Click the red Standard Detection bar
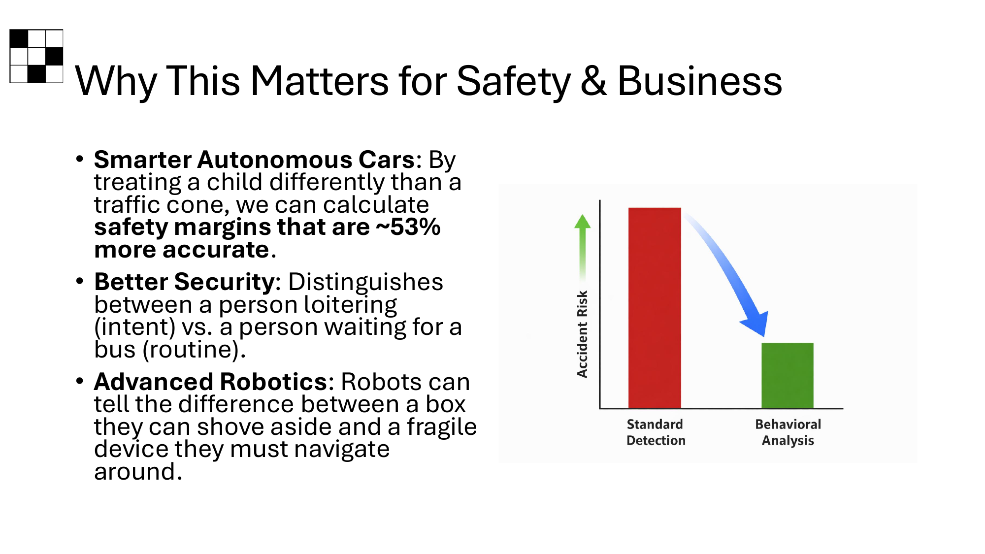click(x=655, y=308)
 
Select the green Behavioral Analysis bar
click(x=788, y=375)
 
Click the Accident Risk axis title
click(x=583, y=334)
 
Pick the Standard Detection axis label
click(x=656, y=432)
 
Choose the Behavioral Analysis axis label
click(x=788, y=432)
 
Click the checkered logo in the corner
click(x=36, y=56)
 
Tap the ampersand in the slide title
click(x=593, y=81)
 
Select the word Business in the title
click(x=700, y=81)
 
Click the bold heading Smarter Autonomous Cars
click(x=255, y=160)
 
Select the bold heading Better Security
click(x=184, y=282)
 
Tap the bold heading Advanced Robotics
click(x=210, y=382)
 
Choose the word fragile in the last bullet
click(x=442, y=427)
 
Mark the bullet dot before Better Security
click(x=80, y=281)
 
